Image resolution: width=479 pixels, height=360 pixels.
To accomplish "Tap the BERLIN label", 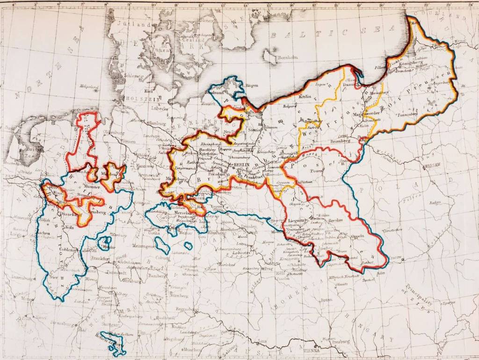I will pyautogui.click(x=242, y=165).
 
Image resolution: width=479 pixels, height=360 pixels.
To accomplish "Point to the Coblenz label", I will pyautogui.click(x=67, y=250).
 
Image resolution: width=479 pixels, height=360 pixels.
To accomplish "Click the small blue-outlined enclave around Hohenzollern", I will pyautogui.click(x=114, y=340).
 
